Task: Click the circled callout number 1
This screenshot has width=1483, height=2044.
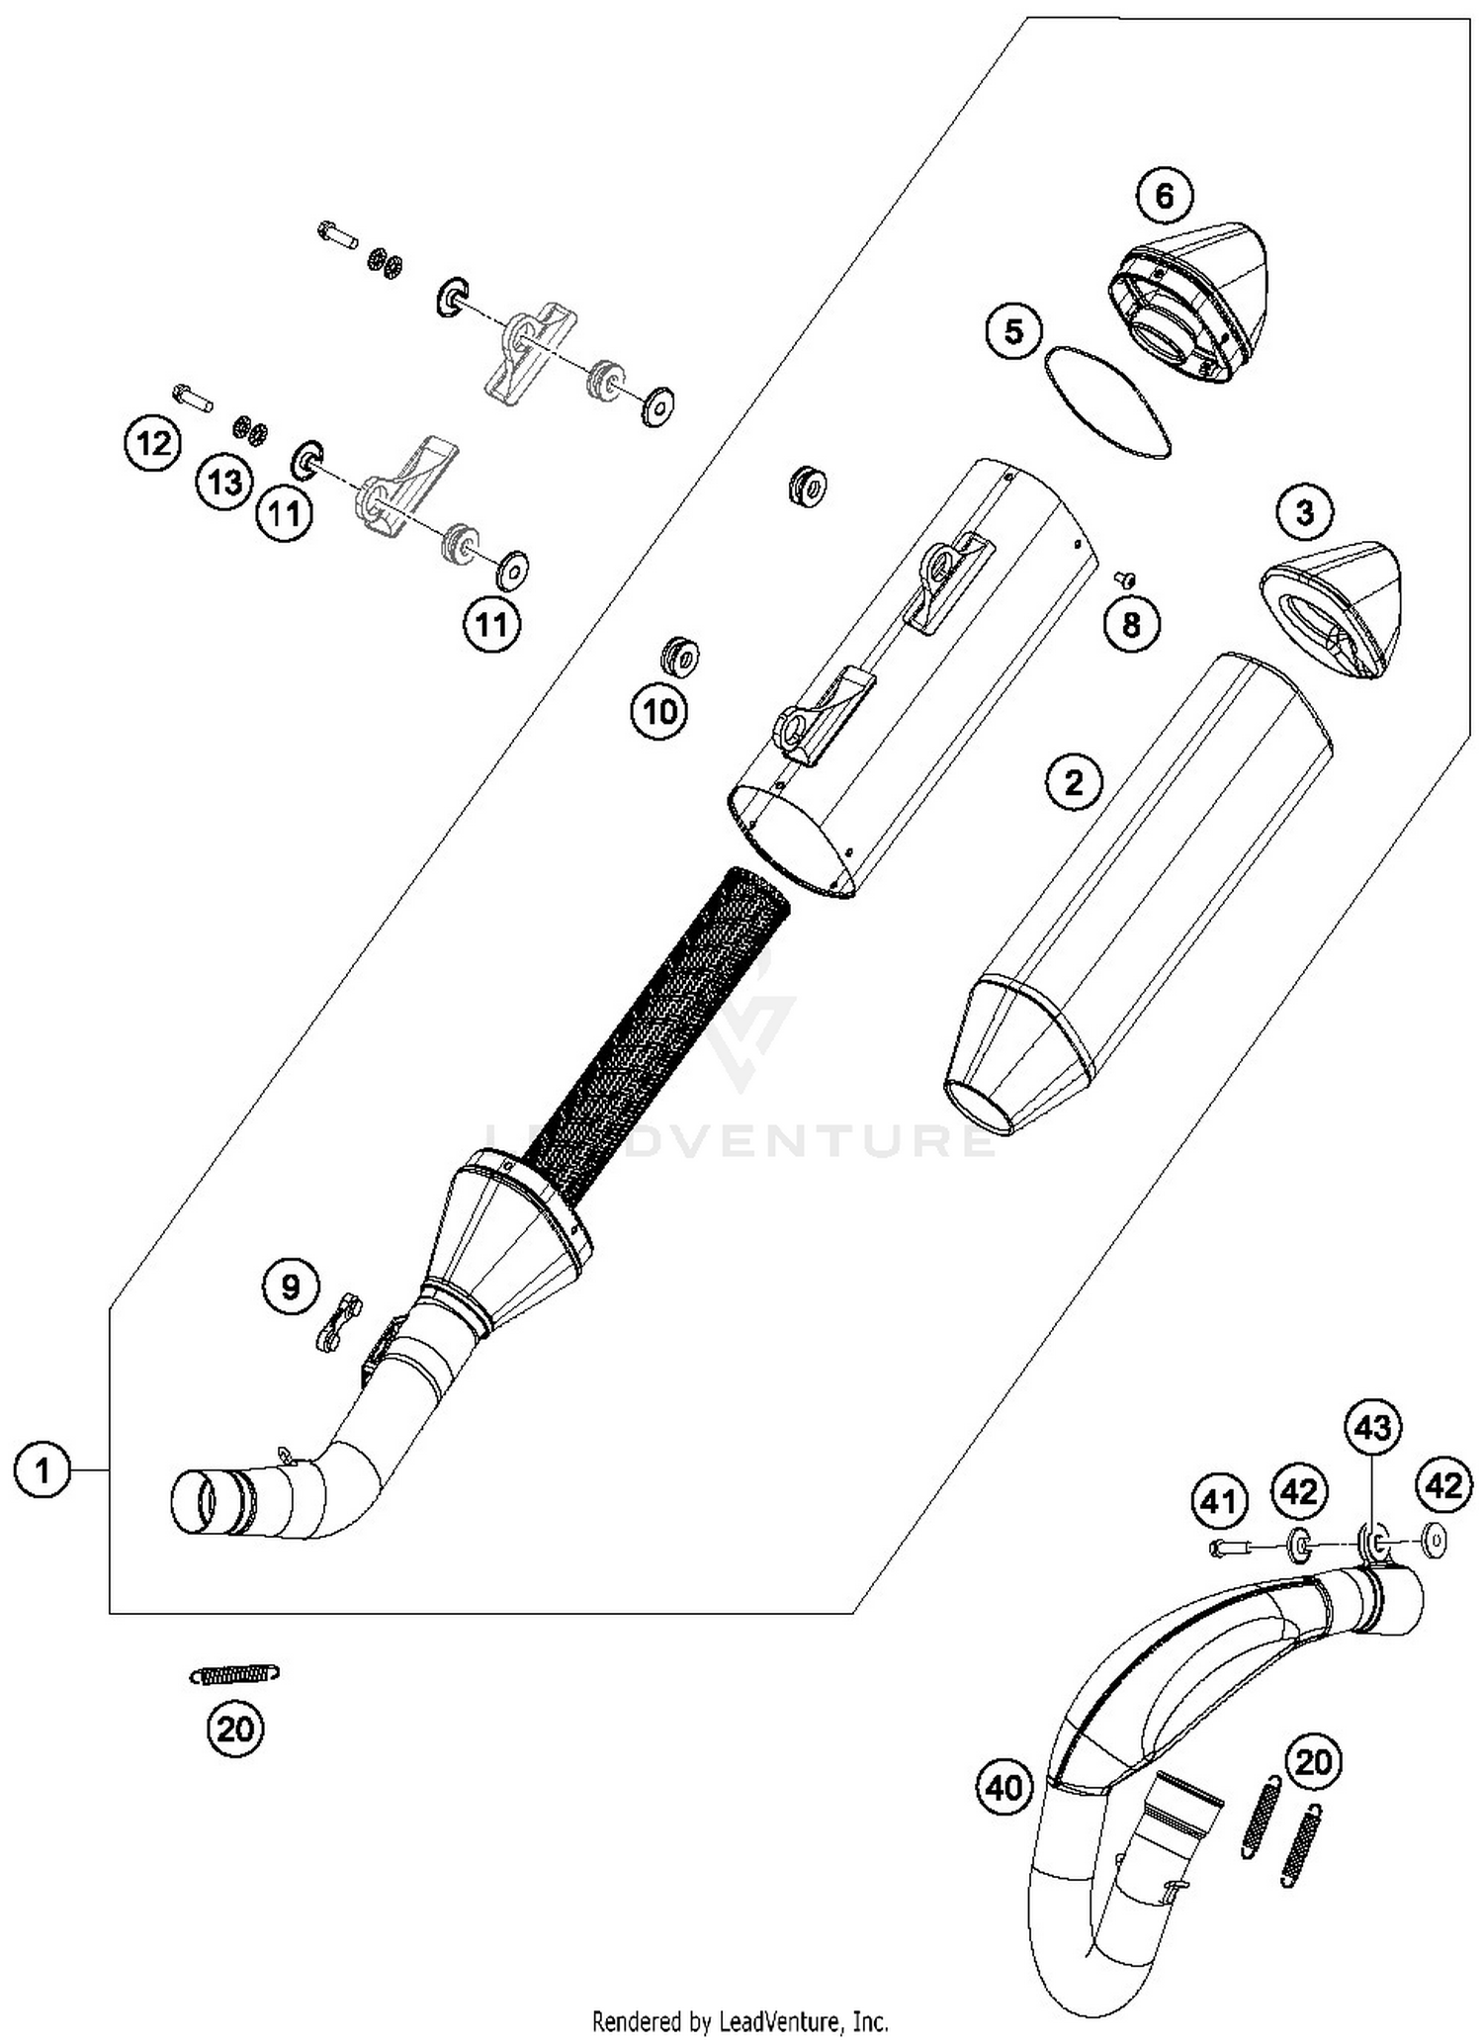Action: click(43, 1471)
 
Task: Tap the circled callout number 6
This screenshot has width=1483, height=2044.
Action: click(1164, 197)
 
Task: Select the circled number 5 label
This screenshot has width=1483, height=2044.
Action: click(1014, 331)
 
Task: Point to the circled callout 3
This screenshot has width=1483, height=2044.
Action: click(1304, 512)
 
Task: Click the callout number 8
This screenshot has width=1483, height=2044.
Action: click(1131, 624)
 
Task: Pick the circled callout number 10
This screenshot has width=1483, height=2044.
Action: click(659, 711)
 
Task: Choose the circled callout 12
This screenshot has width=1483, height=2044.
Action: click(153, 444)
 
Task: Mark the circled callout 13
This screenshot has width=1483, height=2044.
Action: click(225, 483)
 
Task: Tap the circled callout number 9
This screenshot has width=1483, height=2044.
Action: click(291, 1287)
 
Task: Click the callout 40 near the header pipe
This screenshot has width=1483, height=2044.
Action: click(1005, 1787)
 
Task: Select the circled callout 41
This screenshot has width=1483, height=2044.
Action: click(1218, 1501)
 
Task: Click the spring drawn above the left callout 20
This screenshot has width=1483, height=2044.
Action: click(234, 1673)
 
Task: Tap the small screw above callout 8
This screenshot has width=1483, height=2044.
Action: click(1125, 577)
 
